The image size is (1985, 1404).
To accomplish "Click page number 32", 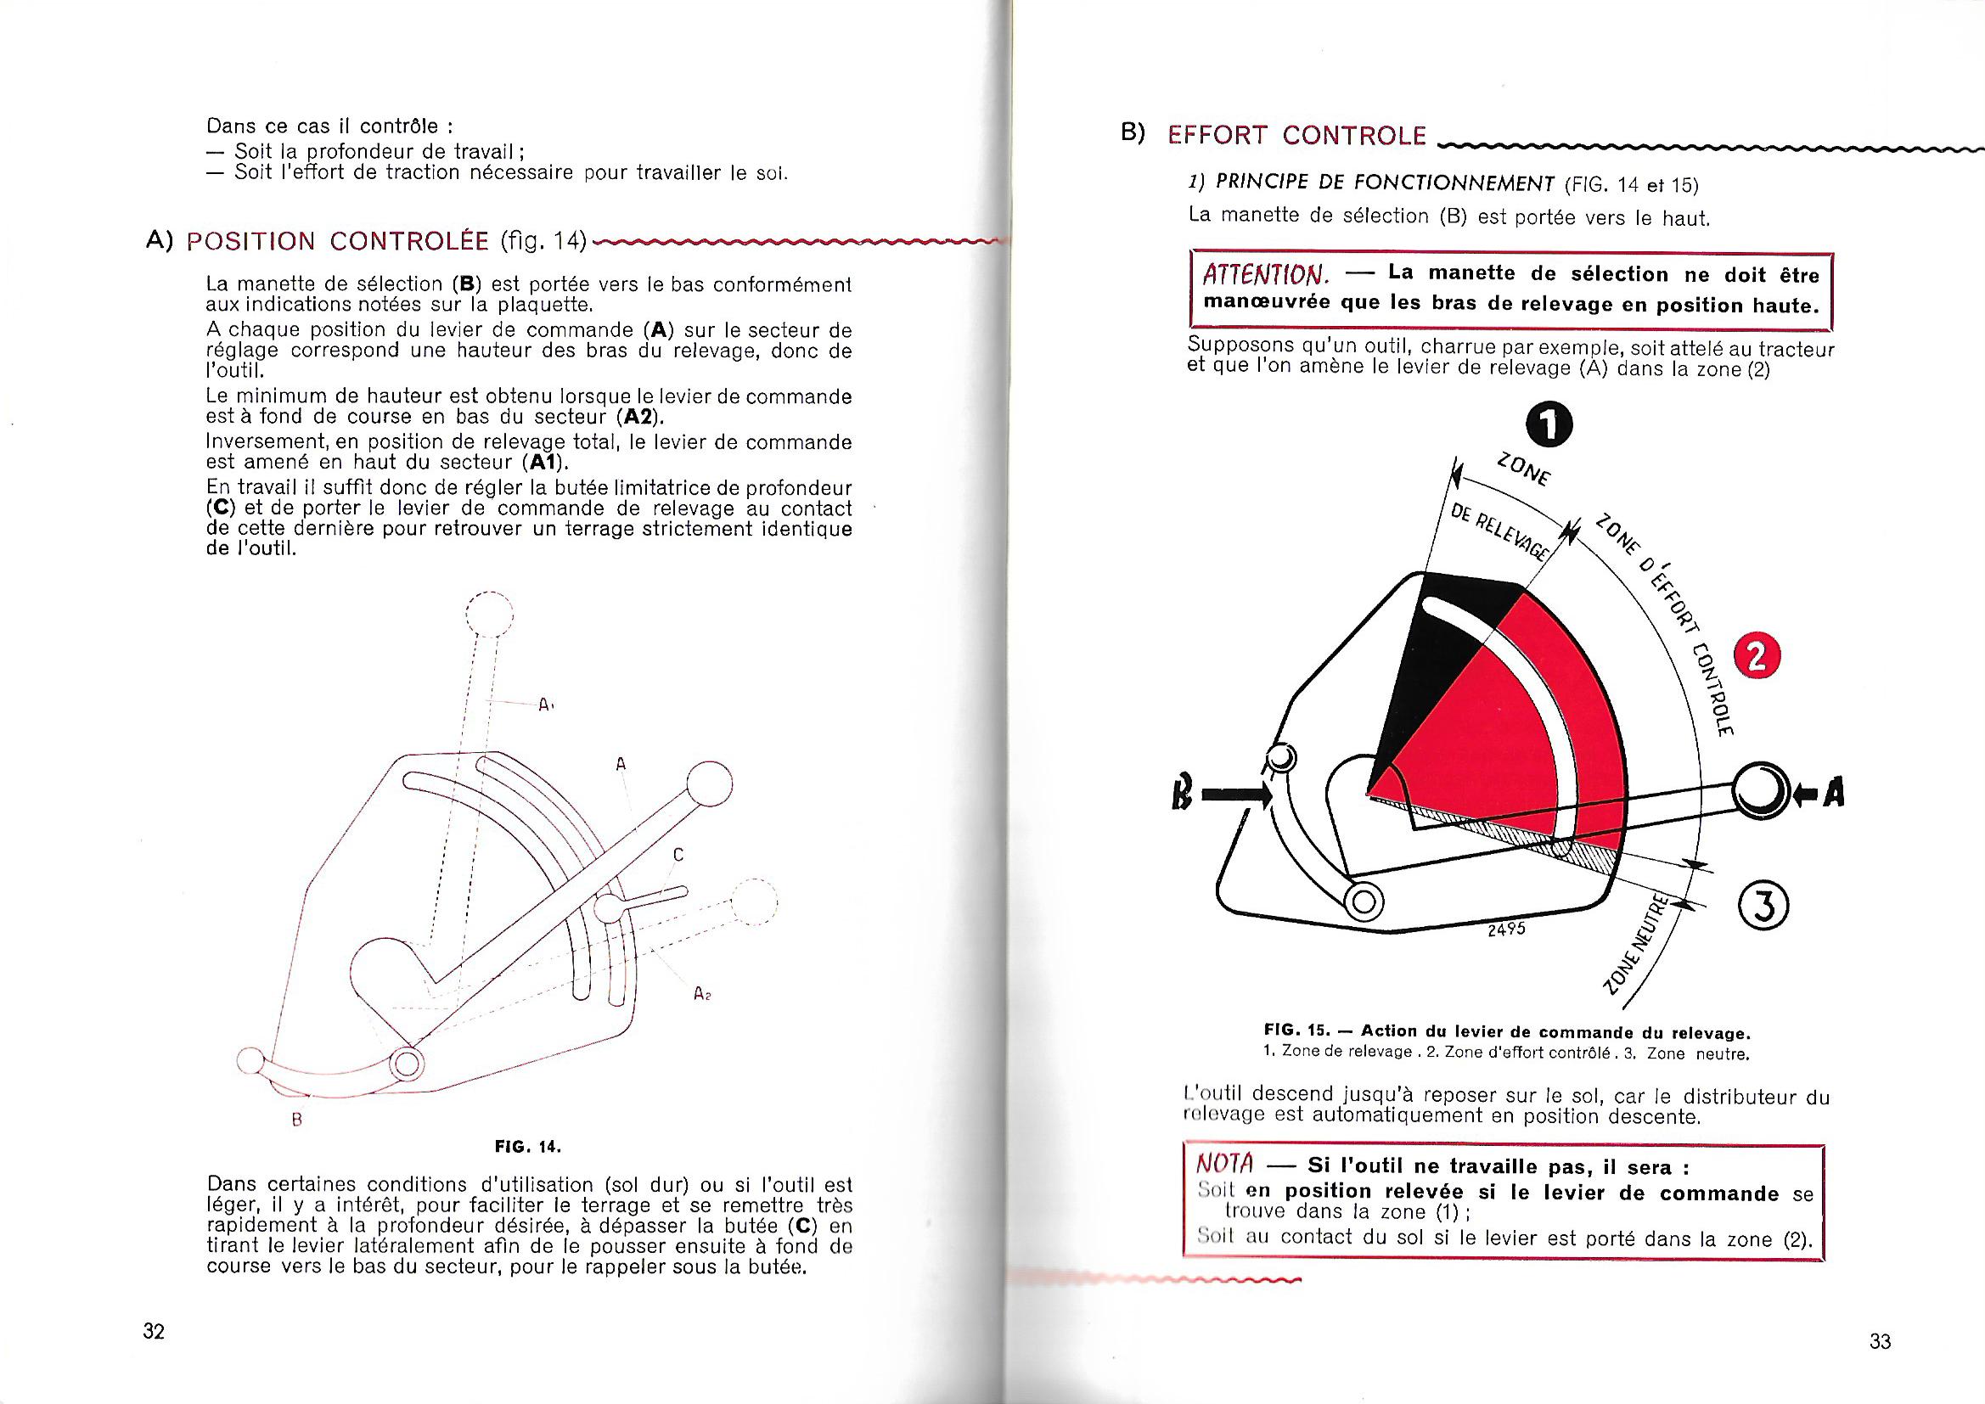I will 154,1330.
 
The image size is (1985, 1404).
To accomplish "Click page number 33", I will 1880,1341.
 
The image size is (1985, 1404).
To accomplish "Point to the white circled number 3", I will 1763,906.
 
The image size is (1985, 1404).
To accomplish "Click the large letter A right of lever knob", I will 1833,793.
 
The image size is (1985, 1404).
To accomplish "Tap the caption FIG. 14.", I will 527,1148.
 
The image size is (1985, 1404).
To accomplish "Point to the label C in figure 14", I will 678,855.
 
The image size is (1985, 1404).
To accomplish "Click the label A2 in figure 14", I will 701,994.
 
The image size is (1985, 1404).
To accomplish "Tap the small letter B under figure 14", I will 296,1120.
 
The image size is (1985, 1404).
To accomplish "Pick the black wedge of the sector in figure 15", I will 1444,657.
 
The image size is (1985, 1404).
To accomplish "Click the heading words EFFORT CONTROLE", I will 1296,136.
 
